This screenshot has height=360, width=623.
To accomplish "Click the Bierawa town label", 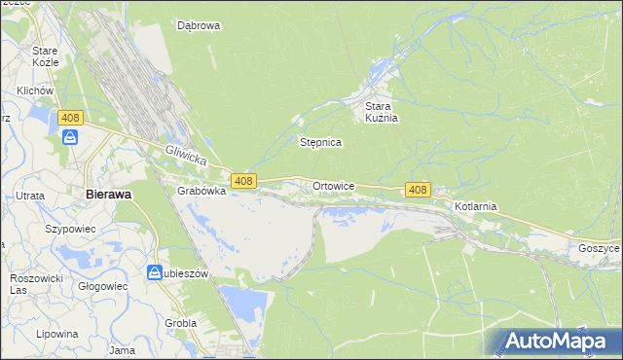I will (x=108, y=194).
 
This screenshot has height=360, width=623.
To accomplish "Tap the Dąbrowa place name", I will (x=199, y=26).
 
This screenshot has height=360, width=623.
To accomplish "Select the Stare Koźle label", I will (x=46, y=55).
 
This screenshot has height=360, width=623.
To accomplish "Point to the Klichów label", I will (x=33, y=90).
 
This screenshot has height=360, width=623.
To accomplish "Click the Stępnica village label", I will (x=320, y=142).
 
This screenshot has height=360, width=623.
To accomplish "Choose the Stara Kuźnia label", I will (x=383, y=112).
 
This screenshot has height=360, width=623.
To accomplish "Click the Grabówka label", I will (x=202, y=192).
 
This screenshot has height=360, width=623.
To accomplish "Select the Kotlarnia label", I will (x=476, y=206).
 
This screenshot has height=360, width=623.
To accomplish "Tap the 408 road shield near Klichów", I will (x=69, y=118).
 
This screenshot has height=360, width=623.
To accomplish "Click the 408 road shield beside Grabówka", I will (x=244, y=181).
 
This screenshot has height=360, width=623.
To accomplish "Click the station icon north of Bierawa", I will (x=70, y=137).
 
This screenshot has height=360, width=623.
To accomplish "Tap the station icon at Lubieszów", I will (x=155, y=273).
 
